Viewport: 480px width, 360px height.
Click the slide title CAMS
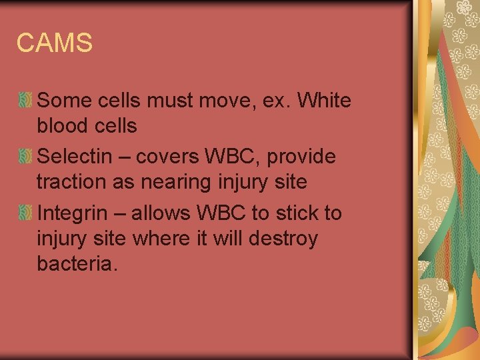coord(55,43)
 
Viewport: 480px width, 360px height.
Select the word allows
coord(161,213)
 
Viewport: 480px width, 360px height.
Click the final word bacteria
coord(77,263)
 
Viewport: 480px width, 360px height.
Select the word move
coord(222,101)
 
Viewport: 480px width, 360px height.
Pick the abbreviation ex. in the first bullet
coord(272,101)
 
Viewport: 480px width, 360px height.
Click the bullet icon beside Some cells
coord(25,101)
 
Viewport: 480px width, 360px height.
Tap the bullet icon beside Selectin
coord(25,157)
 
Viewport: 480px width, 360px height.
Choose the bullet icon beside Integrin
coord(25,213)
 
